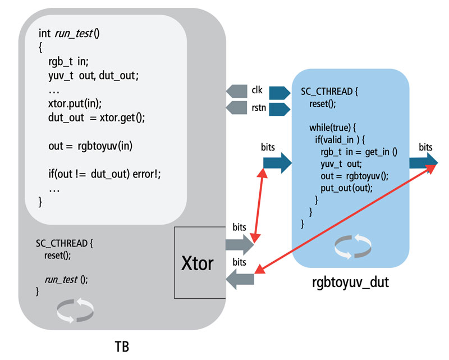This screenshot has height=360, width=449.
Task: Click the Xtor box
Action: tap(198, 263)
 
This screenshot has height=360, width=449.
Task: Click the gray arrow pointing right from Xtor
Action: tap(239, 243)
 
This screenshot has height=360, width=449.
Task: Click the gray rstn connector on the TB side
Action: tap(237, 107)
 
